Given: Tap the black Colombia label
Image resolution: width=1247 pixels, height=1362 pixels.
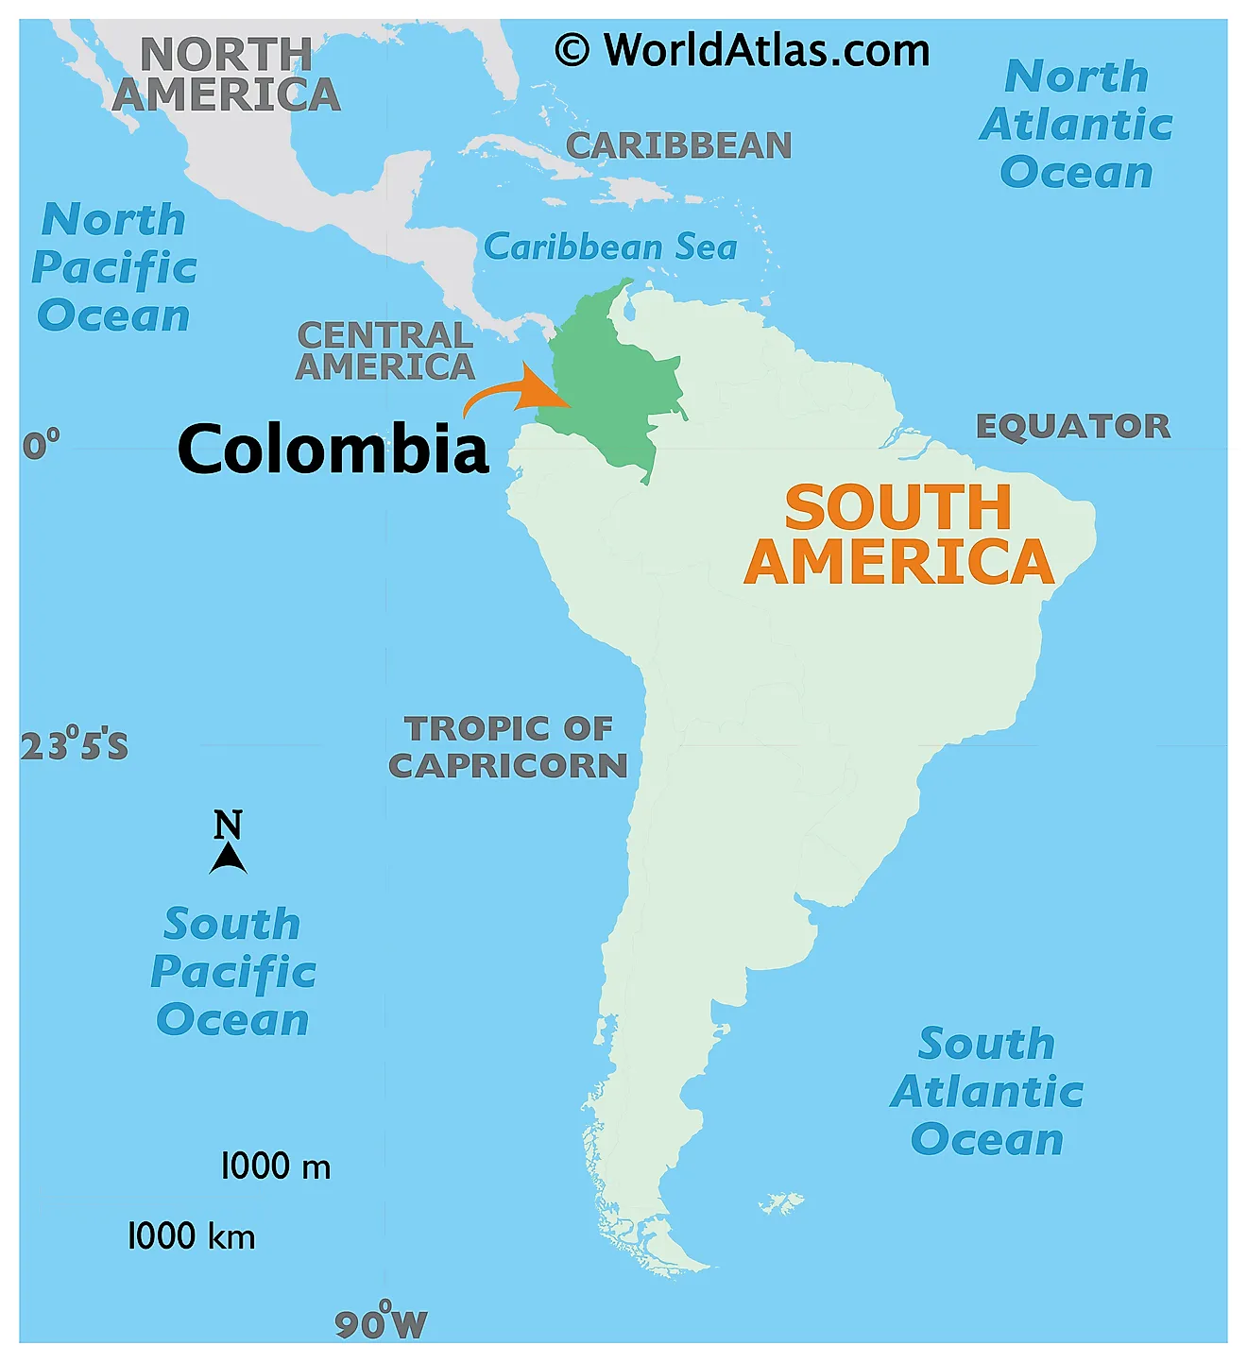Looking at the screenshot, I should (x=333, y=449).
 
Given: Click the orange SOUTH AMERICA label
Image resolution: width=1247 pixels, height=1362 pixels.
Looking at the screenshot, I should (x=898, y=535).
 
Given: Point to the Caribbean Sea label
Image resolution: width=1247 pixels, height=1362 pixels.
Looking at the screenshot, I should (x=610, y=247).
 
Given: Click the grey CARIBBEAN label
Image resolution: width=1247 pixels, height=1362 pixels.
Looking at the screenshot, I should (x=678, y=145).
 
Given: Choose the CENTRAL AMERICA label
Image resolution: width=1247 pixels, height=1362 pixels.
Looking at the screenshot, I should (x=384, y=350).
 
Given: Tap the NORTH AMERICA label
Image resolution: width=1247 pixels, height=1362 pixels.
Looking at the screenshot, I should (x=227, y=75).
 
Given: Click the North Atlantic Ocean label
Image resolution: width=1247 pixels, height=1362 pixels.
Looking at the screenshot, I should (x=1076, y=124).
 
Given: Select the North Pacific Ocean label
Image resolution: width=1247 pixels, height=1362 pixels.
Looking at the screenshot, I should (x=114, y=267).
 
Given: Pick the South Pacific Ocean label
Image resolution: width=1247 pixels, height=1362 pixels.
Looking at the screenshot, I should (x=232, y=972).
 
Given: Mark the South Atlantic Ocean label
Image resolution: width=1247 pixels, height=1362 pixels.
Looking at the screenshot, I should (x=987, y=1092).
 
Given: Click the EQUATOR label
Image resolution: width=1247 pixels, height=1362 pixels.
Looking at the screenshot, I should (x=1073, y=426).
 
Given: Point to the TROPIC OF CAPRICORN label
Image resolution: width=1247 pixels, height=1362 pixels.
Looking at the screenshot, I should (x=508, y=746).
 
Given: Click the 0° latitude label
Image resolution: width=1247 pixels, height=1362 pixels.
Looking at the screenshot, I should (x=41, y=443).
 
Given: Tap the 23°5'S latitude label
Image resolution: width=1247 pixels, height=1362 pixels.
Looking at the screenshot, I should (x=74, y=745).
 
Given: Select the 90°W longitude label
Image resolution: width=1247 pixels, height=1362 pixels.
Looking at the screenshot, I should (x=382, y=1322).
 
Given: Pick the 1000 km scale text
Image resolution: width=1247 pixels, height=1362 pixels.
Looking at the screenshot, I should (x=191, y=1236).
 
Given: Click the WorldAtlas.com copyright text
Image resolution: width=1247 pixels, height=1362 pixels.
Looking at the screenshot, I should (x=743, y=50).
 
